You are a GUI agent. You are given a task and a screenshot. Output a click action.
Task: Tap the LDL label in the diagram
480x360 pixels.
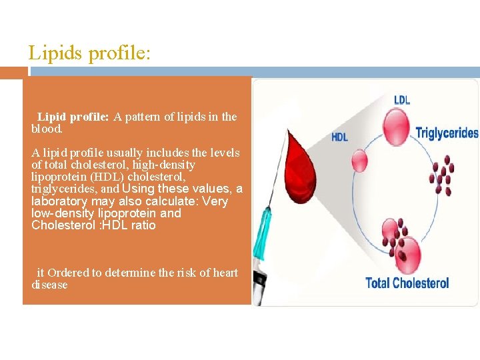click(402, 100)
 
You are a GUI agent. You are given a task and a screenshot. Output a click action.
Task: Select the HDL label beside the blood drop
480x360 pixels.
click(339, 137)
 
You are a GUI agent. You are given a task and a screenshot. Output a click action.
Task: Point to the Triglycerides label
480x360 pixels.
click(447, 133)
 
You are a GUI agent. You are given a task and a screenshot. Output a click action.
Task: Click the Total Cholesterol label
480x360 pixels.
click(407, 283)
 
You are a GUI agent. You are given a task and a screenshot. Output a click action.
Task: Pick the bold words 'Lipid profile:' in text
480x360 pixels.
click(73, 117)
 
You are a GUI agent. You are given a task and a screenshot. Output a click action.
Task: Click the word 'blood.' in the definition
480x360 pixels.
click(47, 129)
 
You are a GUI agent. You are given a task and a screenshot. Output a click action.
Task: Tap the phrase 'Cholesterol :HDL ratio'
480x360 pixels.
click(93, 225)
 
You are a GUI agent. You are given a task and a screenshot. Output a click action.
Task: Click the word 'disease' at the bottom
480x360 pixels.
click(49, 285)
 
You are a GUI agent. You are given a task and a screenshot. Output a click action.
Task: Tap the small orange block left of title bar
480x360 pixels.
click(13, 72)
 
